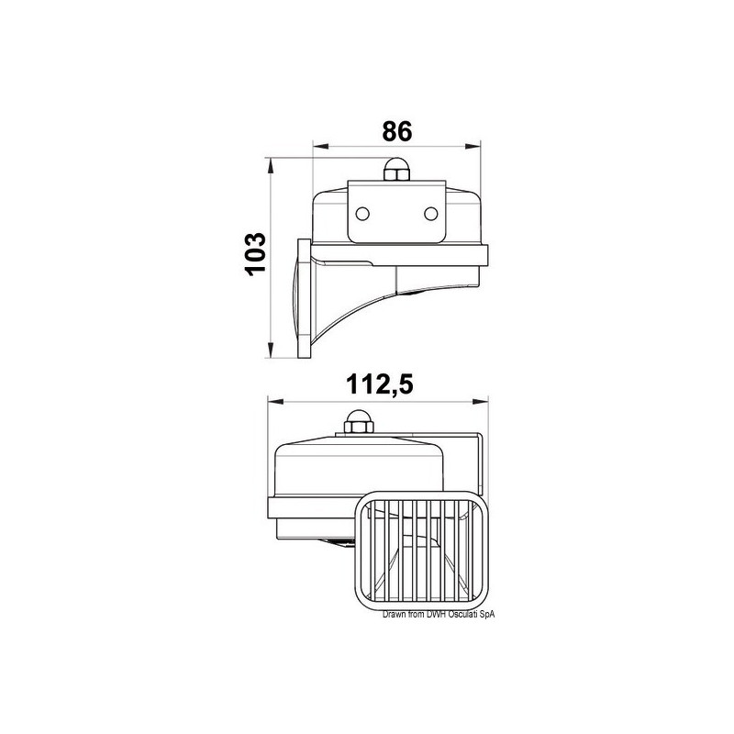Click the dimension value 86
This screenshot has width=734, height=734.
397,131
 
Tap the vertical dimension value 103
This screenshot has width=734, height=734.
255,254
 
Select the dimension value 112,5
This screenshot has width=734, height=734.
380,384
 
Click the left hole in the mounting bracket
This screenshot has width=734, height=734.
362,214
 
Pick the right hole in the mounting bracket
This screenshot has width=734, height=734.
430,214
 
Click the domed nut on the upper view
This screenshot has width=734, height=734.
396,170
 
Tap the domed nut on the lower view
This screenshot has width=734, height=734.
358,421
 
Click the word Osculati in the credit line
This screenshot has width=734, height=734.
463,615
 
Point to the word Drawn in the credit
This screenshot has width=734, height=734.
392,615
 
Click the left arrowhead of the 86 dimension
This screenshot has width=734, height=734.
320,147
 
